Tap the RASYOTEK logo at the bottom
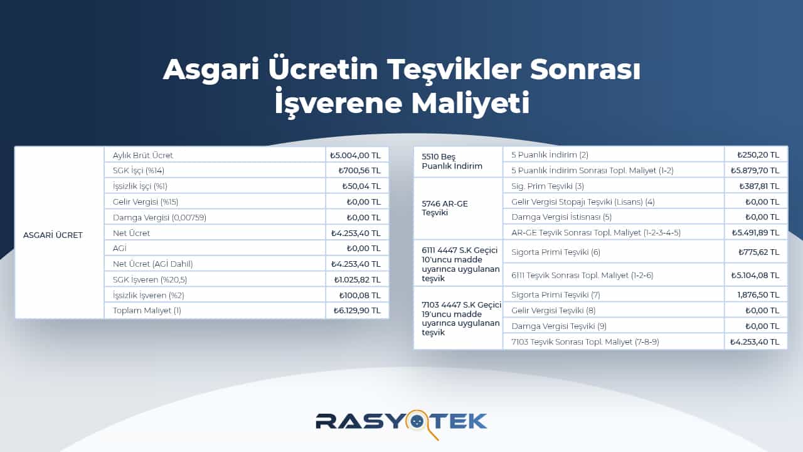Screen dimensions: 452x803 [401, 421]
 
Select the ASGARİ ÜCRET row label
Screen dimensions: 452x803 [53, 235]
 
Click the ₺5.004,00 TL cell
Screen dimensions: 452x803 [355, 155]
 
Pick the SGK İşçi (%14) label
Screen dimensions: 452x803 [139, 170]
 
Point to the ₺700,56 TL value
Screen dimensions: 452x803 [359, 170]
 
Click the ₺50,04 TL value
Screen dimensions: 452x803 [361, 186]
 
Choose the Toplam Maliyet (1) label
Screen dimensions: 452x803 [147, 310]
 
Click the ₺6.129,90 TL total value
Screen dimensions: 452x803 [356, 310]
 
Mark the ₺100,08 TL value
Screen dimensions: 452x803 [359, 295]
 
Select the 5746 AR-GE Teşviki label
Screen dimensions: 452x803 [445, 208]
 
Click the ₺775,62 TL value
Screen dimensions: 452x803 [758, 252]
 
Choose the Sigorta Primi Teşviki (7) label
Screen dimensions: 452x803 [556, 294]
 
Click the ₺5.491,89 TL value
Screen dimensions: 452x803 [755, 232]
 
